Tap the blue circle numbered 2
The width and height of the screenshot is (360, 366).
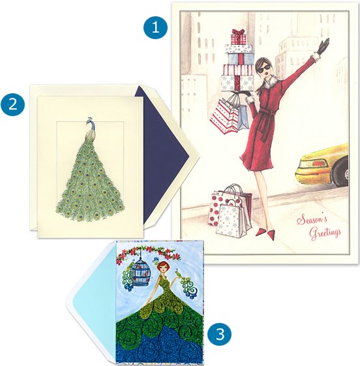(13, 104)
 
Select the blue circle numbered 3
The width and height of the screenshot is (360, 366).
(220, 333)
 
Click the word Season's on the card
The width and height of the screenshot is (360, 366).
(312, 220)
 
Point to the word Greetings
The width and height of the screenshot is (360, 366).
(325, 232)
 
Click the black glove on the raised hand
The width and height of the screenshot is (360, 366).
(323, 46)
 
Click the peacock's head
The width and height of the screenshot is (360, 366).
(90, 121)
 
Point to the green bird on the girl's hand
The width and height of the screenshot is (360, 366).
(180, 276)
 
